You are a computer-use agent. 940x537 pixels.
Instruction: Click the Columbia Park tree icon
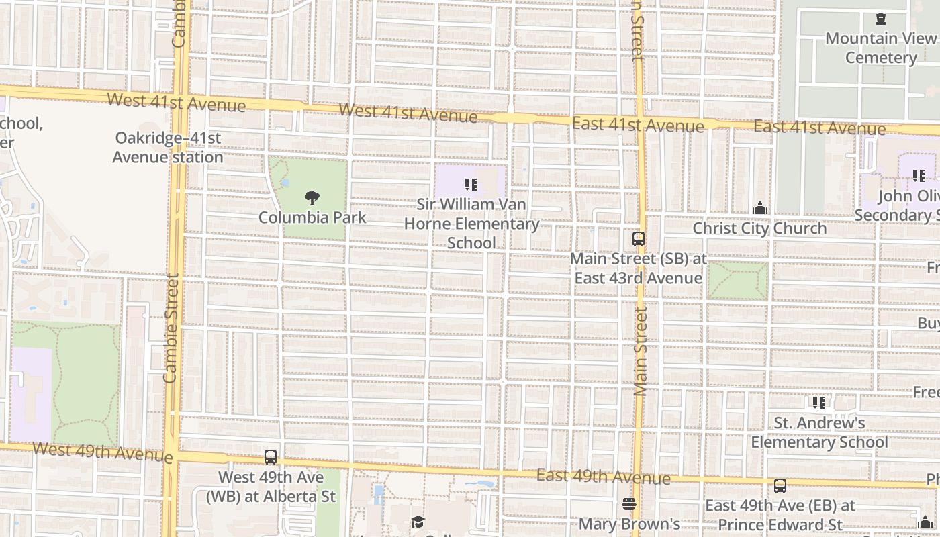(312, 197)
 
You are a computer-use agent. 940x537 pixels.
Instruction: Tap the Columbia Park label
(312, 217)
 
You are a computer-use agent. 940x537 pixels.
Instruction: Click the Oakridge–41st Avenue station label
(168, 148)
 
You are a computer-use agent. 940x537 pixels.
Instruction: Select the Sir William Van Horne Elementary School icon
(471, 184)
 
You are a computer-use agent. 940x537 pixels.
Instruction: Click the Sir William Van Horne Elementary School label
(471, 224)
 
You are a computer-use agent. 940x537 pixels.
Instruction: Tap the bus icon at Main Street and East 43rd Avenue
(639, 238)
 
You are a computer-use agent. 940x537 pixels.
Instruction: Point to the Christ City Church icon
(760, 208)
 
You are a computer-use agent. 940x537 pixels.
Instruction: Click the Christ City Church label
(759, 228)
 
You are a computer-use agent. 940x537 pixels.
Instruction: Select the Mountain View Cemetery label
(880, 48)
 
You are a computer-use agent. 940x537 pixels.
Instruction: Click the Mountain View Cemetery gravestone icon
(881, 19)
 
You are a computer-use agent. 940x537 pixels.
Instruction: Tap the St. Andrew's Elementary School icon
(819, 403)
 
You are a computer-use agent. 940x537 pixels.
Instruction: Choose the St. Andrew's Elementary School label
(819, 432)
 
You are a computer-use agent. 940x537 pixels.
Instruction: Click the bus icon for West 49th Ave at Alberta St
(271, 457)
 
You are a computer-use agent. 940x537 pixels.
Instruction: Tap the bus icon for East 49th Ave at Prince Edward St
(780, 485)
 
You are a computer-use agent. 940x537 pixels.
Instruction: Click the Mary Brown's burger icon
(629, 503)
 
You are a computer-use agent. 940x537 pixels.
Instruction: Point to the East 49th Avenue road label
(603, 477)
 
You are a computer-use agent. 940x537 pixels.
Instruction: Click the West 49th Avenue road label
(102, 452)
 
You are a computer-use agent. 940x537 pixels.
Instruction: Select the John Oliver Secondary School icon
(919, 176)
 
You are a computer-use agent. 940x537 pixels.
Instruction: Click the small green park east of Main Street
(737, 281)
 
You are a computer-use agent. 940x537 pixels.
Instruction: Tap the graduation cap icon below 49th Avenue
(418, 522)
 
